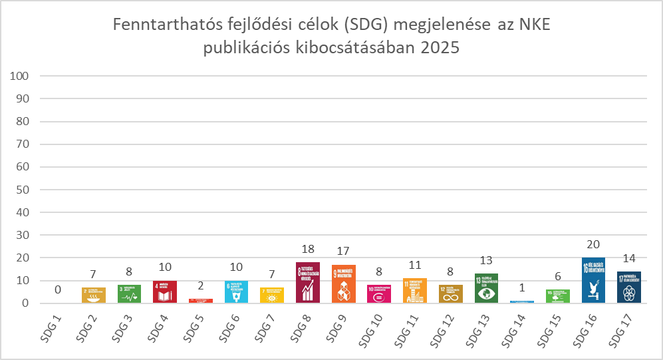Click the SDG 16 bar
tap(593, 280)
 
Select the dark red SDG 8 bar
tap(308, 283)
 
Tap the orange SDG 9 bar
tap(343, 284)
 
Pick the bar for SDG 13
tap(486, 289)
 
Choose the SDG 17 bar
tap(628, 287)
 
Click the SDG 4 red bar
tap(165, 292)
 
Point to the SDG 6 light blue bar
tap(236, 292)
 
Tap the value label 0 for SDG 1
tap(58, 290)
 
